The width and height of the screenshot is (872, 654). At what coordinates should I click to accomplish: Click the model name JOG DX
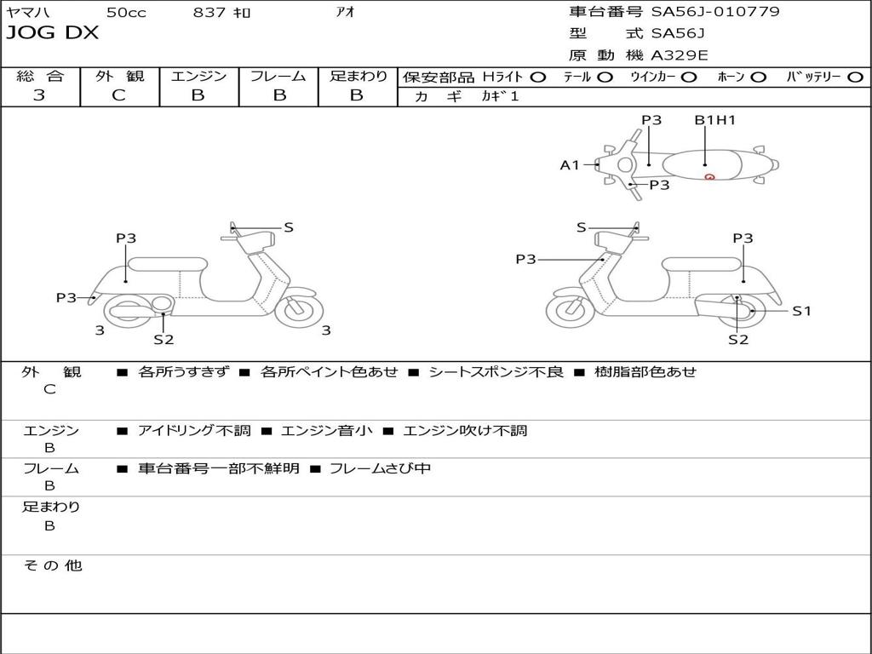(53, 33)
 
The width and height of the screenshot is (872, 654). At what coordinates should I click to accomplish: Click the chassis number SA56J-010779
(715, 12)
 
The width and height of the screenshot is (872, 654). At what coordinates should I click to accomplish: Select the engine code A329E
(679, 56)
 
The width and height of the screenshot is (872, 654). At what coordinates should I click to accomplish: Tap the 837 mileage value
(209, 12)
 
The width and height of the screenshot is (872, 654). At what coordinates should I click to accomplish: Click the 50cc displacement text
(125, 12)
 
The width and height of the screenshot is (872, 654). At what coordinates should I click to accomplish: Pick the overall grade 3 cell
(39, 95)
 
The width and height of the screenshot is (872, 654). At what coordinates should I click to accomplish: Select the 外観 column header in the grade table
(119, 77)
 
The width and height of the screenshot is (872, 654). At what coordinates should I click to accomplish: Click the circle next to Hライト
(537, 77)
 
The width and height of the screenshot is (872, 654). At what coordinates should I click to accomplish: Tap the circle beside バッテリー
(855, 77)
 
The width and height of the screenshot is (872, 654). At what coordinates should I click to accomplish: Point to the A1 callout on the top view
(569, 165)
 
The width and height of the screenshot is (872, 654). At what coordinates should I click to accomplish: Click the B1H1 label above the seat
(714, 120)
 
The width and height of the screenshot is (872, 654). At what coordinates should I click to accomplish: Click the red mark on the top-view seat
(709, 176)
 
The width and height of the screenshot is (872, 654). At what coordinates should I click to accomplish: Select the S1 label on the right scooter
(801, 311)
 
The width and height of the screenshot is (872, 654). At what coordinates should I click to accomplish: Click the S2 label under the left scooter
(163, 339)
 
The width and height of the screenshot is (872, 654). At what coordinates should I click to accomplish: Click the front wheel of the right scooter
(570, 309)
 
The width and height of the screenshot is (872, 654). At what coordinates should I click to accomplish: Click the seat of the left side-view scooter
(167, 263)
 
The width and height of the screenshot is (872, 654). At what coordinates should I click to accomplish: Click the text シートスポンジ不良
(496, 372)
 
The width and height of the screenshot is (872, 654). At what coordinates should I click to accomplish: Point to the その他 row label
(52, 565)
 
